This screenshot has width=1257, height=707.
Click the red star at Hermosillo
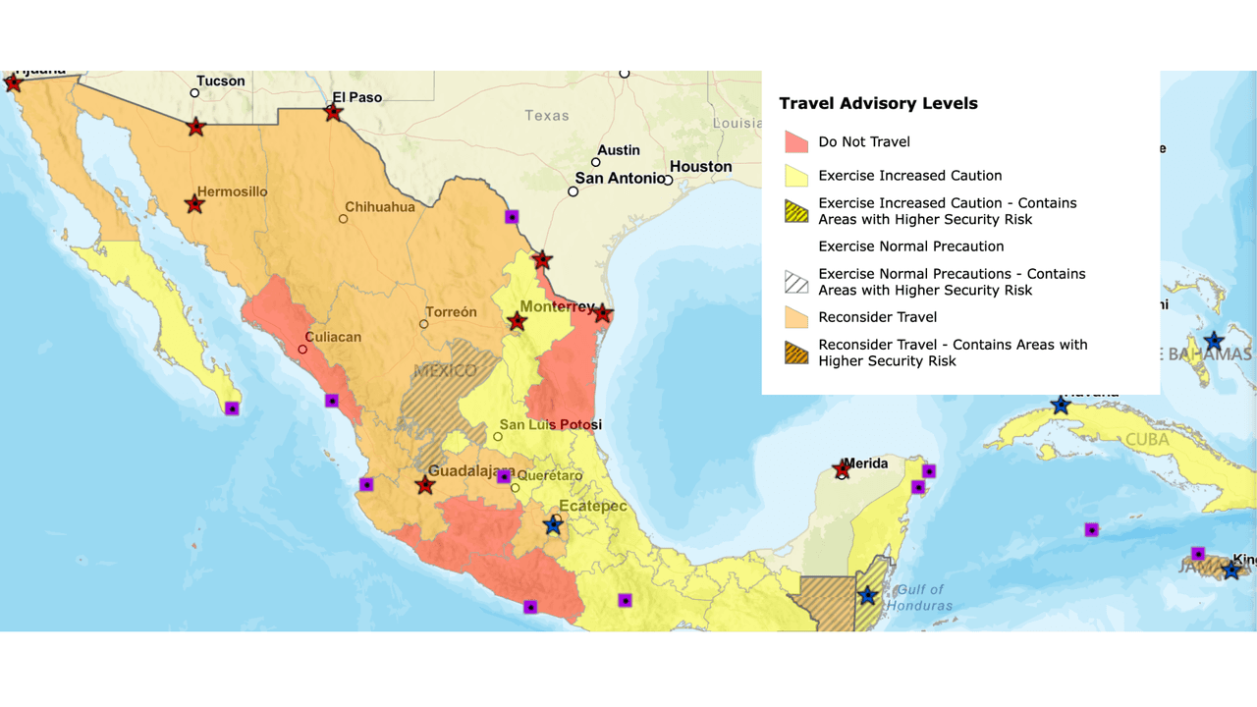(x=194, y=204)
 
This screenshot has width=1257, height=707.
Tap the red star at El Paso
(x=333, y=113)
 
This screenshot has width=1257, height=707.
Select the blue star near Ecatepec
(x=553, y=525)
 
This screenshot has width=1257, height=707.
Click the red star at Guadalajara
(x=424, y=485)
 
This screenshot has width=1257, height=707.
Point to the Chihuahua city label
(x=379, y=207)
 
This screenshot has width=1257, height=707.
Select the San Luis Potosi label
(x=550, y=425)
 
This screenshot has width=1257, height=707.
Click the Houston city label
(x=700, y=167)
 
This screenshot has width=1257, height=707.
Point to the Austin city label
(x=619, y=150)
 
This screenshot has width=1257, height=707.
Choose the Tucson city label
(x=221, y=82)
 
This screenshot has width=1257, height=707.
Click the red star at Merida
(x=842, y=470)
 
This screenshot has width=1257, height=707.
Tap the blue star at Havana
(x=1061, y=406)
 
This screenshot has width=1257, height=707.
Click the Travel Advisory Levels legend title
(x=878, y=103)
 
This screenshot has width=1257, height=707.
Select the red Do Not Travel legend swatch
(x=796, y=142)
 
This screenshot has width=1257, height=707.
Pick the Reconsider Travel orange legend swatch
(x=796, y=317)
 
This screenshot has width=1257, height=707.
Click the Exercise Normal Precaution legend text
(x=910, y=246)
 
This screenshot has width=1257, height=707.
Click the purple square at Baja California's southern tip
(x=232, y=408)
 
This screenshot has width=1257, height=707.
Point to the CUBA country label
(x=1146, y=439)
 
